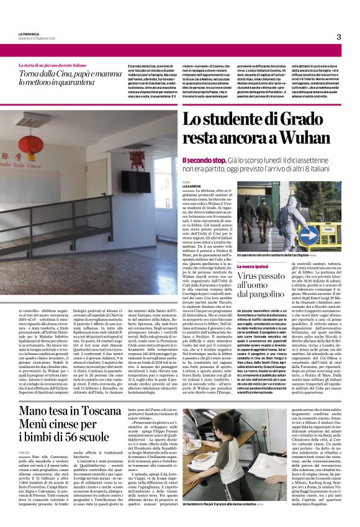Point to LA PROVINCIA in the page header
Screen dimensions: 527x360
click(29, 35)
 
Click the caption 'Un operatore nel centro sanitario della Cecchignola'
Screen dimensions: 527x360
click(286, 254)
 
